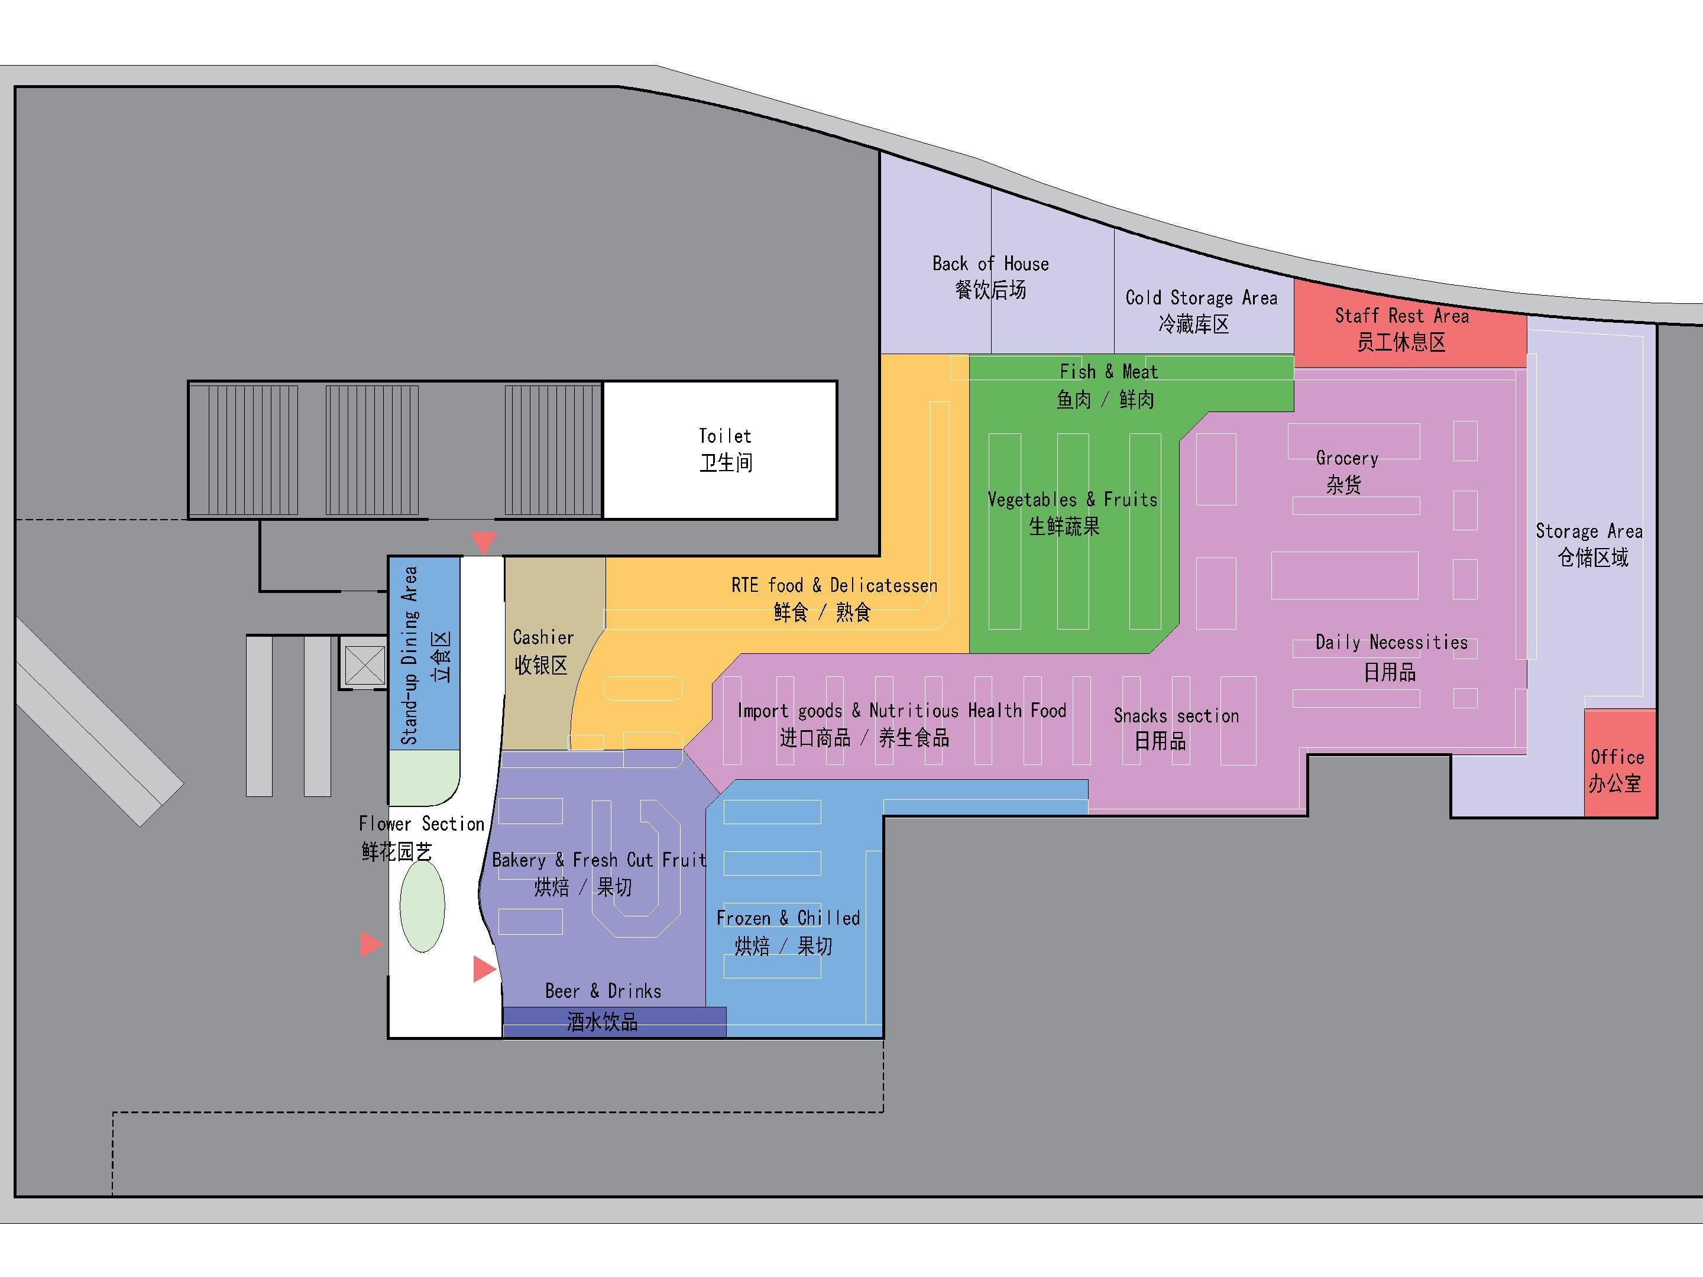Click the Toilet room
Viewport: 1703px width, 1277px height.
[720, 450]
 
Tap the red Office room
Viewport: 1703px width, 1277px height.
[1620, 763]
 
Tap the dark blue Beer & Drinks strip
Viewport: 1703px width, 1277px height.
[614, 1022]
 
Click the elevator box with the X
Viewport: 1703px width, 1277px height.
[364, 665]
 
